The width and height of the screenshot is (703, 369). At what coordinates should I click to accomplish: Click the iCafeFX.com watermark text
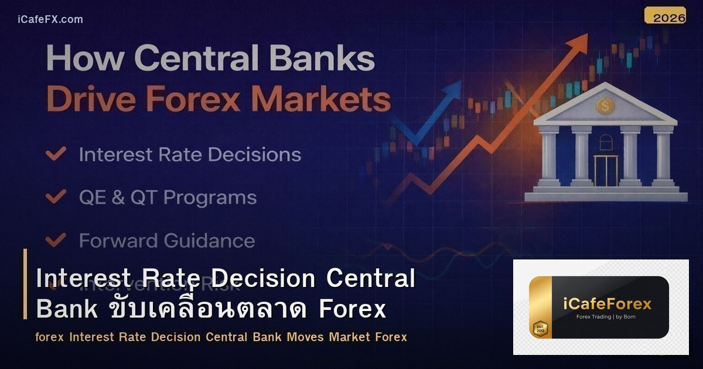point(50,19)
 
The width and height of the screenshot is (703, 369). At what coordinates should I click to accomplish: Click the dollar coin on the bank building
point(605,106)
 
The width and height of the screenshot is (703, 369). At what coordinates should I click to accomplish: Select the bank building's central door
point(606,170)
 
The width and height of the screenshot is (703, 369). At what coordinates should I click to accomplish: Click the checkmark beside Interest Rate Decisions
point(56,154)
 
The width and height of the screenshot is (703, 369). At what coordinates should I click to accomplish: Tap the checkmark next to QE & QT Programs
point(56,197)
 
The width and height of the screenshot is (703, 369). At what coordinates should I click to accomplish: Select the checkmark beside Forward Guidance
point(56,240)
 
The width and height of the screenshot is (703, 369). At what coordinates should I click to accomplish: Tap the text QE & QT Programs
point(168,197)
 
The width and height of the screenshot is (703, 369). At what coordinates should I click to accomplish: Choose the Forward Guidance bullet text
point(167,241)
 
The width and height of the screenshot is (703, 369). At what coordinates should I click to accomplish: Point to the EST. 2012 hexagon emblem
point(540,329)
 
